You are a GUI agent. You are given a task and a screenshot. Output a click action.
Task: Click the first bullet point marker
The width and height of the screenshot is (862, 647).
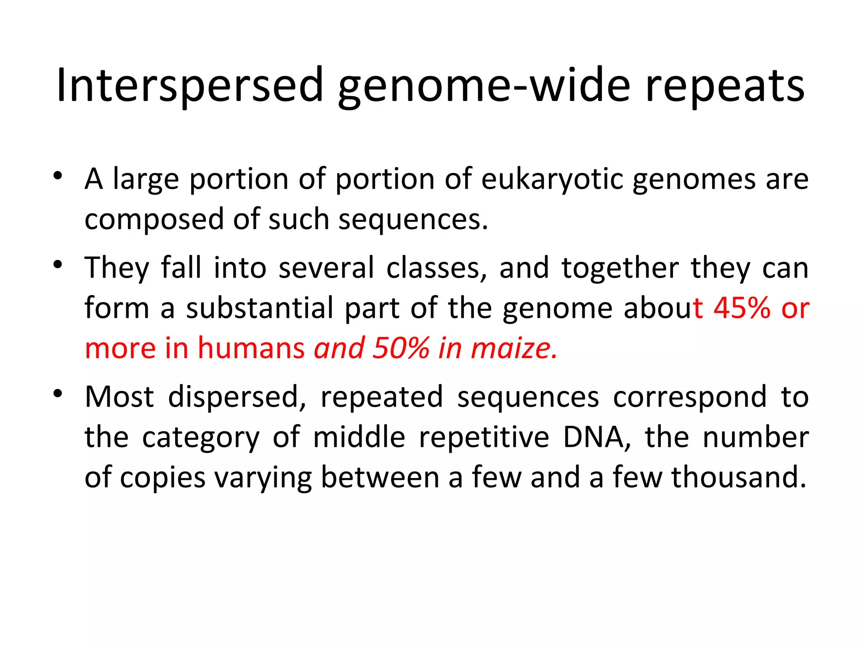pyautogui.click(x=58, y=175)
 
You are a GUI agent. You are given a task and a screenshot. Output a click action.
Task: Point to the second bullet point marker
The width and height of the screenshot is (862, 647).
pyautogui.click(x=58, y=265)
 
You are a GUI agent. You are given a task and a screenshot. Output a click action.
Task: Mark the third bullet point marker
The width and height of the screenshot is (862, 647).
pyautogui.click(x=58, y=393)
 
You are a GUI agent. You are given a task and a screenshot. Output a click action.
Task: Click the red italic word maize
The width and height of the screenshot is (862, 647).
pyautogui.click(x=514, y=348)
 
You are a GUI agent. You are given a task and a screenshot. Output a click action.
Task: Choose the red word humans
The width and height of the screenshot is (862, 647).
pyautogui.click(x=251, y=348)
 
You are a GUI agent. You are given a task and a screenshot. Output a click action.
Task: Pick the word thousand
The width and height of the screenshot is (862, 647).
pyautogui.click(x=739, y=477)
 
